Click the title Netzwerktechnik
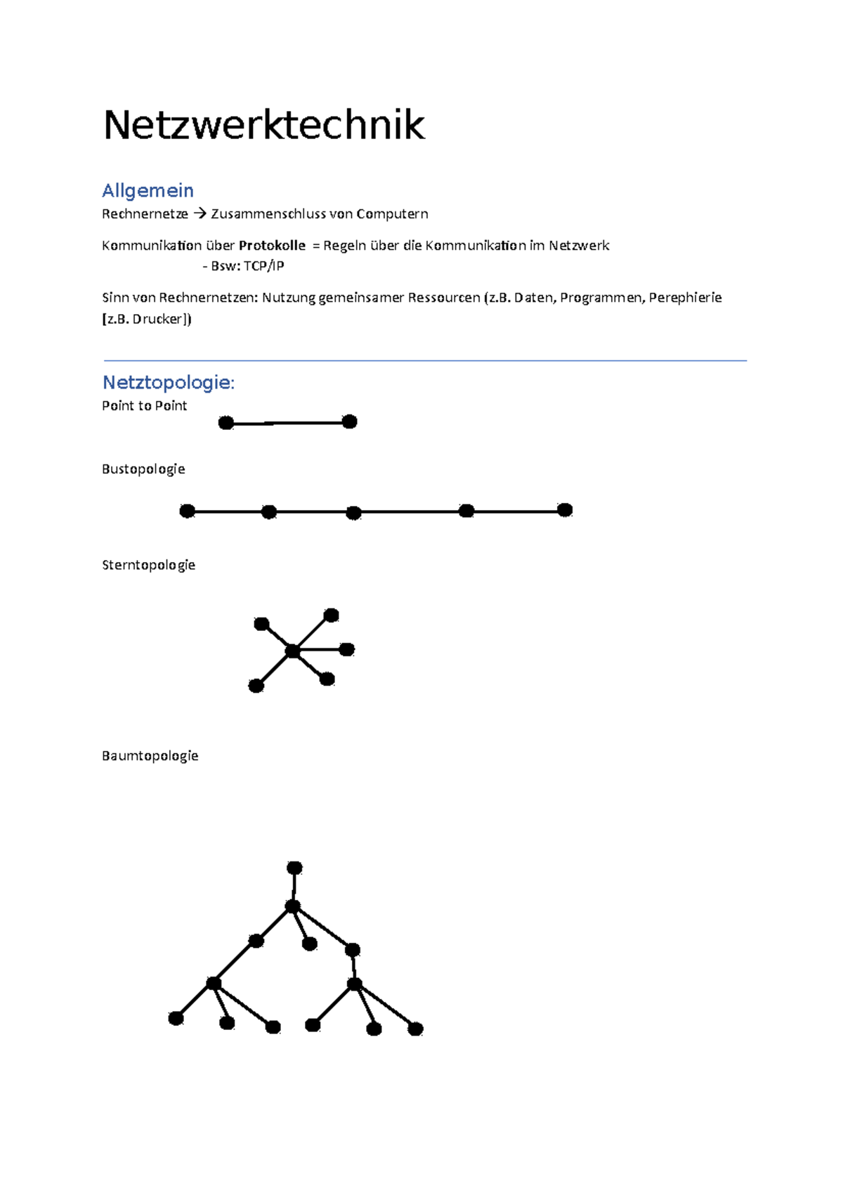(263, 126)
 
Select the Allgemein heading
(148, 190)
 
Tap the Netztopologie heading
(167, 382)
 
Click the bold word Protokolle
(272, 245)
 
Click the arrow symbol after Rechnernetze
(199, 214)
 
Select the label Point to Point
(144, 405)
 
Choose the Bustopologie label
(143, 469)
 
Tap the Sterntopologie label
(148, 565)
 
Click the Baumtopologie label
(150, 756)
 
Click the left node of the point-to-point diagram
(226, 423)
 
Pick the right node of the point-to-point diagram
(349, 422)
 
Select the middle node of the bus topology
(354, 514)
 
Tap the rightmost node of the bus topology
(565, 510)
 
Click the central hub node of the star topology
(293, 652)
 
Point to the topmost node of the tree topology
(294, 868)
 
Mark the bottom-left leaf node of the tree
(176, 1018)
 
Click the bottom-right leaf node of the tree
(415, 1029)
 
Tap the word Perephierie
(685, 297)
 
